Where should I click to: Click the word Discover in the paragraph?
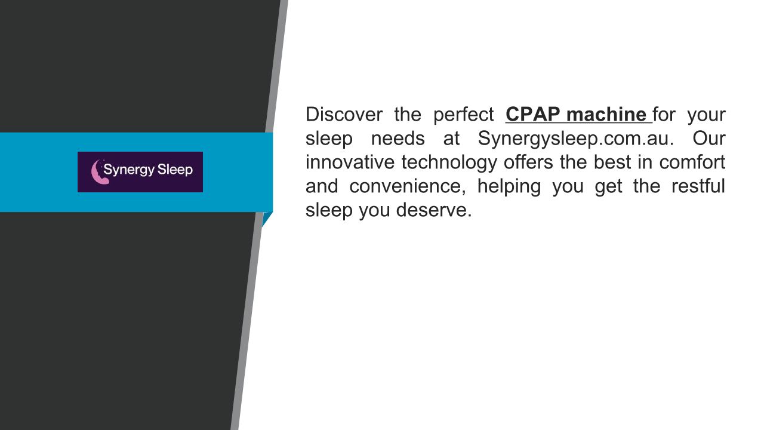coord(344,114)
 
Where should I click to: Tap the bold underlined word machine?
coord(606,114)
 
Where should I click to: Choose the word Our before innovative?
coord(708,138)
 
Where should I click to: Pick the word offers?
coord(528,162)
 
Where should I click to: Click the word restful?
coord(698,186)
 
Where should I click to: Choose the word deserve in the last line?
coord(434,210)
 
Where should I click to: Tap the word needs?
coord(398,138)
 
